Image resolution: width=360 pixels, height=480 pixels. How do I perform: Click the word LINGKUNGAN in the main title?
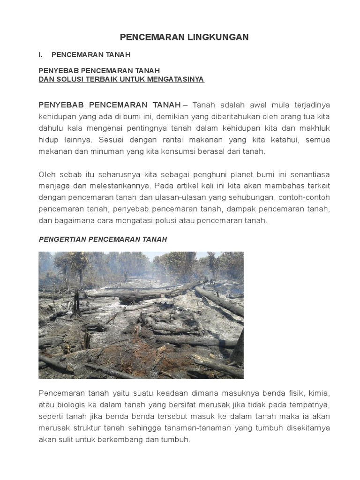pyautogui.click(x=218, y=37)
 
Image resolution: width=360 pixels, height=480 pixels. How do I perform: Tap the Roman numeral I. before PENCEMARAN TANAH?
pyautogui.click(x=41, y=55)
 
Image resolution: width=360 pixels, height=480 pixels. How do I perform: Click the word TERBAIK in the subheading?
pyautogui.click(x=101, y=79)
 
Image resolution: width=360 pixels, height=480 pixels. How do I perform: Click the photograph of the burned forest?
pyautogui.click(x=141, y=315)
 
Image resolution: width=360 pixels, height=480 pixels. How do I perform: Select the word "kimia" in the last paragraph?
pyautogui.click(x=321, y=392)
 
